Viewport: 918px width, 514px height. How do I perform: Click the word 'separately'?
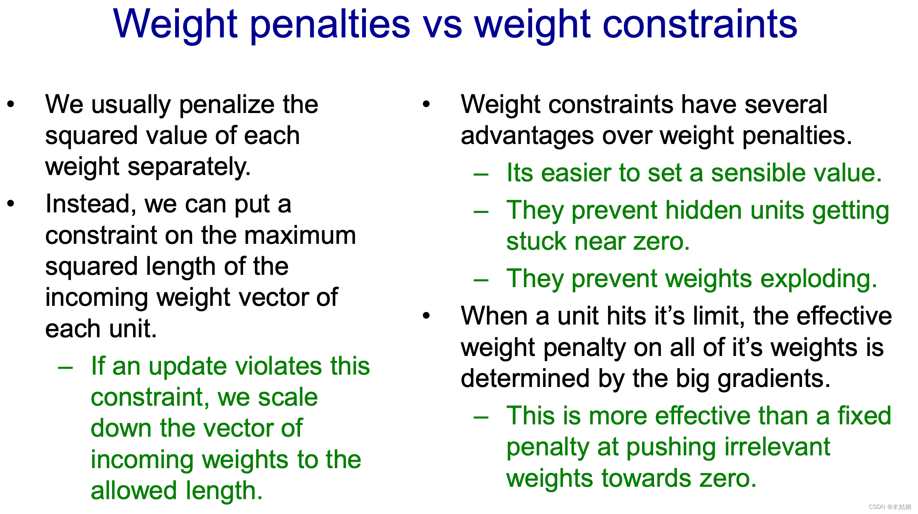point(189,167)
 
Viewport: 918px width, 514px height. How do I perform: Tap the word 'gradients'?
point(774,379)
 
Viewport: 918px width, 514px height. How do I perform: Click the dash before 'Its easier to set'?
point(481,174)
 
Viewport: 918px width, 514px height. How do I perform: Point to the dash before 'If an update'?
point(65,367)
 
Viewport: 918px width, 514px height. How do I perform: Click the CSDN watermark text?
point(890,507)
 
